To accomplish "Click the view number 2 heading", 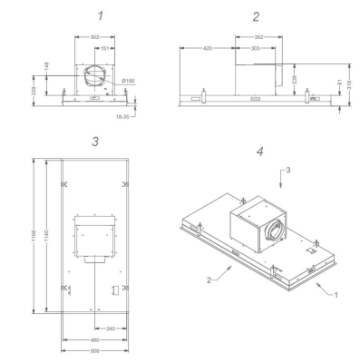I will pyautogui.click(x=257, y=16).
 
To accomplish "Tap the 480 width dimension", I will pyautogui.click(x=93, y=339).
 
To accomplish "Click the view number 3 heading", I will pyautogui.click(x=94, y=141).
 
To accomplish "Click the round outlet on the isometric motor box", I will pyautogui.click(x=272, y=235).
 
